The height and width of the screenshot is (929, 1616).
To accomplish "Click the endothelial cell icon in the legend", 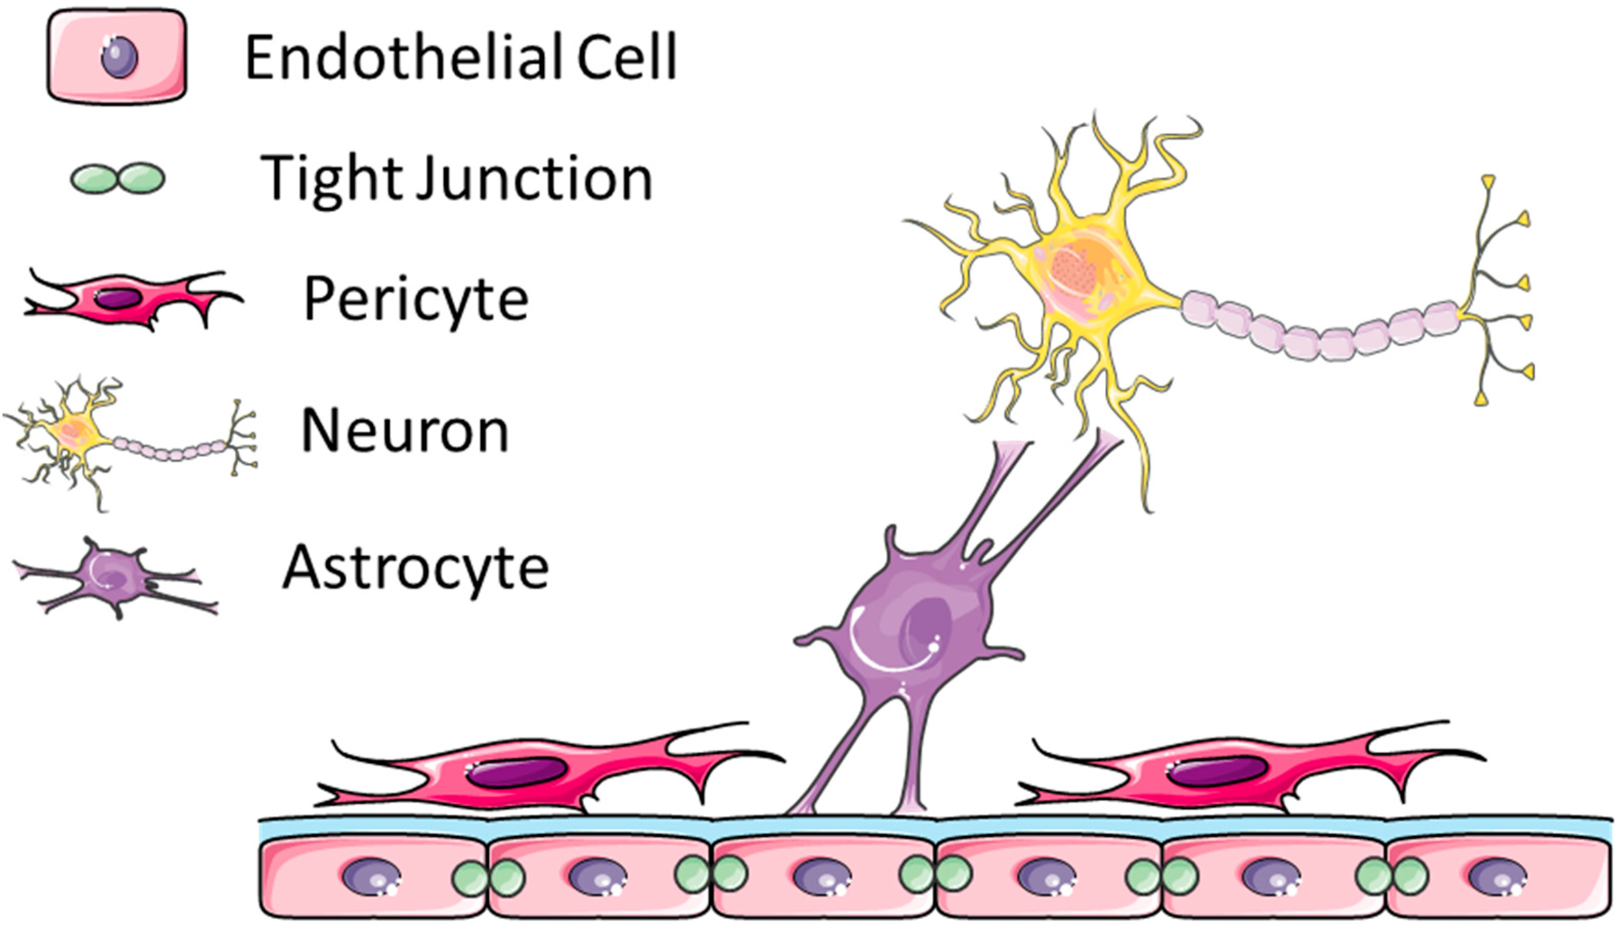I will tap(117, 57).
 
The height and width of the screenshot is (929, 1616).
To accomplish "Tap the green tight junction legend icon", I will tap(117, 178).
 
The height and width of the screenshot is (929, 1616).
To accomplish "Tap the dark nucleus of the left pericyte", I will tap(515, 772).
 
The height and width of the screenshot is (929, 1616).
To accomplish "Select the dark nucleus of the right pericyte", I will tap(1216, 772).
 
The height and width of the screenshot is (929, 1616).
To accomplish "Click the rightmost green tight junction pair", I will tap(1391, 875).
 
